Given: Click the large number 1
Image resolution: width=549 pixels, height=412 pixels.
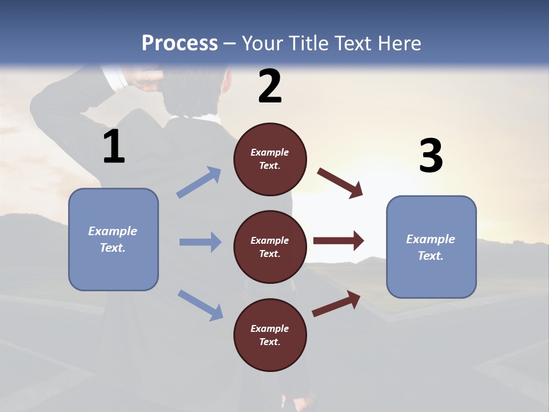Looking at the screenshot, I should click(x=114, y=147).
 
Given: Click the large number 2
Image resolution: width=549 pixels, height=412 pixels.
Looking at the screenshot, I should click(x=270, y=86).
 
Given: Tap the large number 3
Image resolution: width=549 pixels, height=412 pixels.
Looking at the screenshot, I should click(x=431, y=156).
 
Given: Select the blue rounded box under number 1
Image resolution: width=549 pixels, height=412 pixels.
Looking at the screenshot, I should click(x=113, y=239).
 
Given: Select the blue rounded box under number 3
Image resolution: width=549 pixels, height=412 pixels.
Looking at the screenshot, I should click(x=431, y=247).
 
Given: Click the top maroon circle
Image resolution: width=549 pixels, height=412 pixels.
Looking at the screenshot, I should click(x=270, y=159).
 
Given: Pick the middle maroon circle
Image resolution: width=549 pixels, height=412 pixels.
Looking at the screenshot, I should click(x=270, y=247).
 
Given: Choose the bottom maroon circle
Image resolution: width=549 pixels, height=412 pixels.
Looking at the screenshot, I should click(x=270, y=335).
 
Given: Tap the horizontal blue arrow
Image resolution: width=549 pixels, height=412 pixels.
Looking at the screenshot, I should click(x=200, y=242).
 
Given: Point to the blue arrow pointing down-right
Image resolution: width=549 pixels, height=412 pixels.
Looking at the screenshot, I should click(x=201, y=305).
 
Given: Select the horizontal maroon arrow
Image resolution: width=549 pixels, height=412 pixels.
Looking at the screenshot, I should click(x=339, y=241).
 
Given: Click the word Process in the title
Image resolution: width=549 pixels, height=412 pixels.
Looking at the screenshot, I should click(x=180, y=43).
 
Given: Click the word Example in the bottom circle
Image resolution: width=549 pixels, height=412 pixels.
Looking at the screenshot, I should click(x=269, y=328).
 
